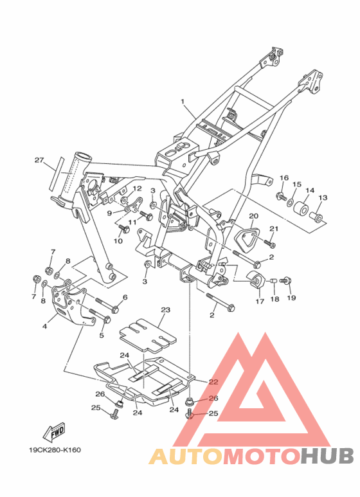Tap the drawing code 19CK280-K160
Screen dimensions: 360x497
[x=55, y=450]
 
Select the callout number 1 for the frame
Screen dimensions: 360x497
[x=183, y=102]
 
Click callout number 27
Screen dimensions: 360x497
[x=39, y=160]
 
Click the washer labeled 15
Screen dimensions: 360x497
[x=291, y=203]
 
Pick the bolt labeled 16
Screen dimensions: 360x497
[x=281, y=196]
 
